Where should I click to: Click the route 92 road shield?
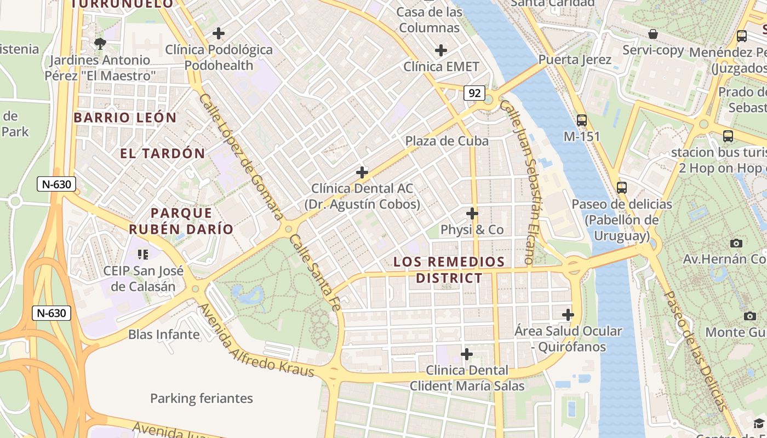point(474,93)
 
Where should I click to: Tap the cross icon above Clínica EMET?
point(441,50)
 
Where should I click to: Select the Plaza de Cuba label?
point(447,141)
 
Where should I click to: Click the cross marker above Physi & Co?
point(472,213)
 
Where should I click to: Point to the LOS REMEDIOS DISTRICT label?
point(449,270)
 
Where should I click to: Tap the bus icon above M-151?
point(582,120)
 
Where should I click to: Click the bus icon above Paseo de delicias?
point(621,187)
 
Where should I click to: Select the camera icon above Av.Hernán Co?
point(736,243)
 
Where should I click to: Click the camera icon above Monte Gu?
point(750,315)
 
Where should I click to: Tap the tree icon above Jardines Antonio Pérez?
point(100,43)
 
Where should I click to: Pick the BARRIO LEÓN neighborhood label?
point(125,118)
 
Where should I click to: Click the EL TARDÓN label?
point(163,153)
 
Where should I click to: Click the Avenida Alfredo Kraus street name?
point(256,340)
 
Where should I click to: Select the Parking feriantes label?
point(202,398)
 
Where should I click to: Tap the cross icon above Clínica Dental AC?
point(362,172)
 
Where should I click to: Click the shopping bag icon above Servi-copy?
point(652,34)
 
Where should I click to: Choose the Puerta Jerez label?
point(575,59)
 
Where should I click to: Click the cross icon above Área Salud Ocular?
point(568,315)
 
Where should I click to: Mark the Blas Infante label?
point(164,334)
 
